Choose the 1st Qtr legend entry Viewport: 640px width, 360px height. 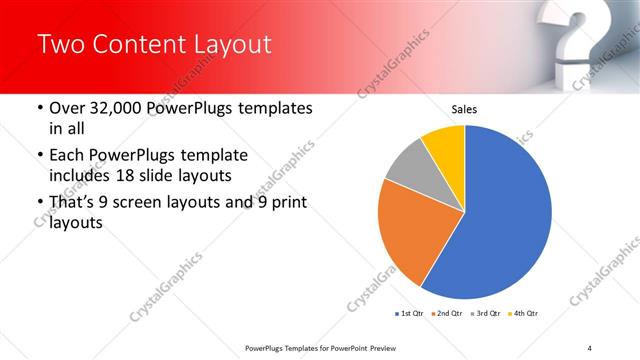pyautogui.click(x=410, y=314)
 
